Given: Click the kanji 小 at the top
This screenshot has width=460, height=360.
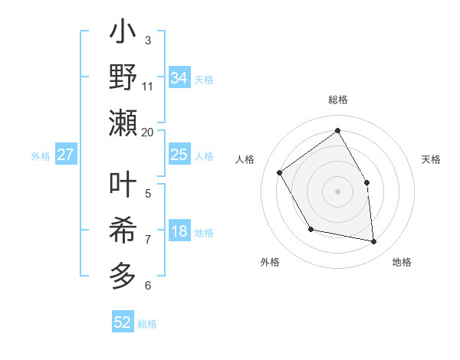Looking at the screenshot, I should tap(123, 35).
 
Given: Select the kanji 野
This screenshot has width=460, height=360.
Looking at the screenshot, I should tap(123, 79).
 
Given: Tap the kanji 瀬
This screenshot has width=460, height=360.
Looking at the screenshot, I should tap(123, 123).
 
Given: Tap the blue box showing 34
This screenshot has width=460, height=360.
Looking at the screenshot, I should tap(179, 78).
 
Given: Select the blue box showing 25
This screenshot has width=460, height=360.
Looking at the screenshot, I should tap(179, 155).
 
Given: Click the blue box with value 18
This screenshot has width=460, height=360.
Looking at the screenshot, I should tap(179, 232).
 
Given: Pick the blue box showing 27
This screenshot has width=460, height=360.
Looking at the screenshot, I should tap(65, 155).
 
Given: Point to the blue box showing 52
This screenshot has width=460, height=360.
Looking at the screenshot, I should tap(123, 322).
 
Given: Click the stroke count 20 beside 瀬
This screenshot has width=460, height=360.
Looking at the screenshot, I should tap(147, 132).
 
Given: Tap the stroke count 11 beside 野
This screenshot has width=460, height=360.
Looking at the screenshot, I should tap(148, 85).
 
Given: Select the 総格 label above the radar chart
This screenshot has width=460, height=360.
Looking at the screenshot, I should tap(337, 100).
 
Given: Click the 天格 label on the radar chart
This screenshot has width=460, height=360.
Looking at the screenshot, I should tap(431, 159).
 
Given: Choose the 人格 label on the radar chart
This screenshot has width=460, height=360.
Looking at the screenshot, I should tap(245, 159).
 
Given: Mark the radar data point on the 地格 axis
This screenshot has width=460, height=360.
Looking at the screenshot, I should tap(374, 241).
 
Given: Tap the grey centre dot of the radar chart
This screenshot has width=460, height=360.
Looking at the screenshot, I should tap(337, 191).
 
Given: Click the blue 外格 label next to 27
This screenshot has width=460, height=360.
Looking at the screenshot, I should tap(41, 155).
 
